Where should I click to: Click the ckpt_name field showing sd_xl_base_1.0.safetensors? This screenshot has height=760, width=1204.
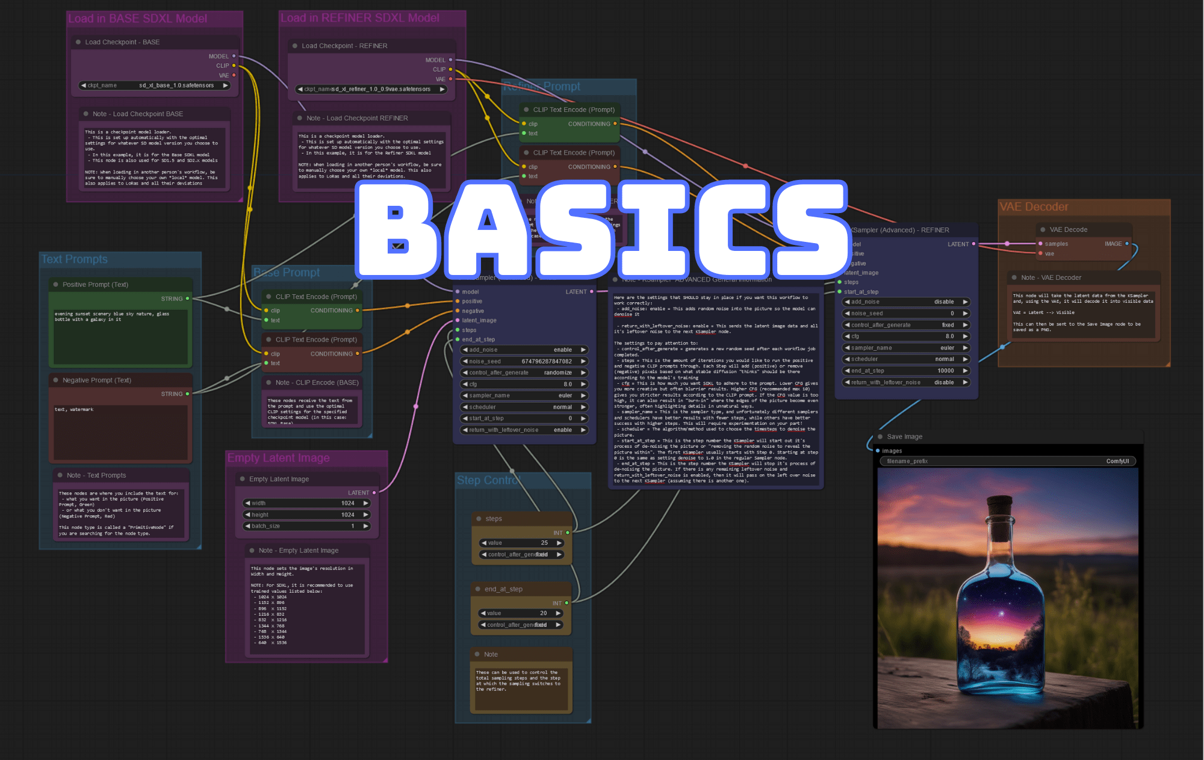(155, 85)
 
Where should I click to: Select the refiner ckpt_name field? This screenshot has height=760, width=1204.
(371, 89)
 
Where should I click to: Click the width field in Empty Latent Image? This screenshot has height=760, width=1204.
(306, 503)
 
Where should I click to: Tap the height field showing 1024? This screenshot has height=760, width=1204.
(306, 514)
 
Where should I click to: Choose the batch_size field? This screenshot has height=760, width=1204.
(306, 526)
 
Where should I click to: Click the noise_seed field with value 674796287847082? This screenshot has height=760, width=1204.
(523, 361)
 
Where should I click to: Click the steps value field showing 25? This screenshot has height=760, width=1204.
(521, 543)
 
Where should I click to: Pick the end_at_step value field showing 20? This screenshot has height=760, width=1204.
(521, 613)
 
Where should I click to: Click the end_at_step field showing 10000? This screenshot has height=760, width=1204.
(906, 371)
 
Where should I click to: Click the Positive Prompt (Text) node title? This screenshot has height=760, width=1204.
(95, 285)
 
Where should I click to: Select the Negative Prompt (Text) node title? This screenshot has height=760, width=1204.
(96, 380)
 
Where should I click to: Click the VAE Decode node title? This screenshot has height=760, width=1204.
(1068, 230)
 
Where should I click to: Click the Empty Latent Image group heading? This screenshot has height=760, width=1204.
(278, 458)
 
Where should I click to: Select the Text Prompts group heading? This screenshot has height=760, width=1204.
(74, 259)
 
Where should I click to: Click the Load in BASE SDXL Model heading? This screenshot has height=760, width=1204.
(137, 19)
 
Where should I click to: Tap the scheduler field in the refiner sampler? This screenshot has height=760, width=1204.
(906, 359)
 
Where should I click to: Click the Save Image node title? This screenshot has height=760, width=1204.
(904, 437)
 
